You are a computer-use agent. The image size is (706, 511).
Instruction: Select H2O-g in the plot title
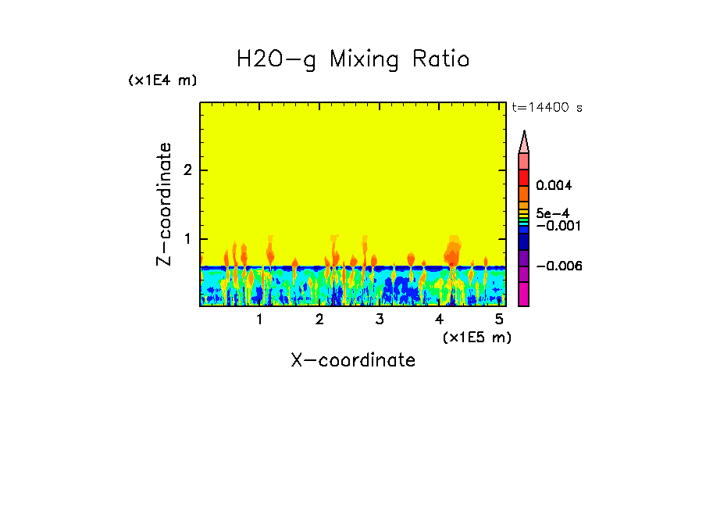276,59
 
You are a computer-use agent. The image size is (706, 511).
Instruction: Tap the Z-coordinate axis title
164,204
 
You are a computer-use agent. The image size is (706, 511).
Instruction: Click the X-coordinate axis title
353,360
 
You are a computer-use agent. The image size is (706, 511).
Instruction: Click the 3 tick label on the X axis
379,320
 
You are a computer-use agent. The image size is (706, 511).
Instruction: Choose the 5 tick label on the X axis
498,320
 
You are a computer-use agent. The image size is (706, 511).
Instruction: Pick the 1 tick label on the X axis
259,320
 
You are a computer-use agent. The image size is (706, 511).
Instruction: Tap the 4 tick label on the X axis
439,320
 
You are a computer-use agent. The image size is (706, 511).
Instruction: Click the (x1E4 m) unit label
162,80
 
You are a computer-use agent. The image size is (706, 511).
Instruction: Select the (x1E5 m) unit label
476,337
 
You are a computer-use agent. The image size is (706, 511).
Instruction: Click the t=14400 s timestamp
547,107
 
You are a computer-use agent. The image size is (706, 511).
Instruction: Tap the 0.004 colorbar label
554,186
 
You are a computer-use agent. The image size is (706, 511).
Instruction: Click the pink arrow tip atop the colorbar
524,141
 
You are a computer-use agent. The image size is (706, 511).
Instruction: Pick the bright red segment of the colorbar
524,177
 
